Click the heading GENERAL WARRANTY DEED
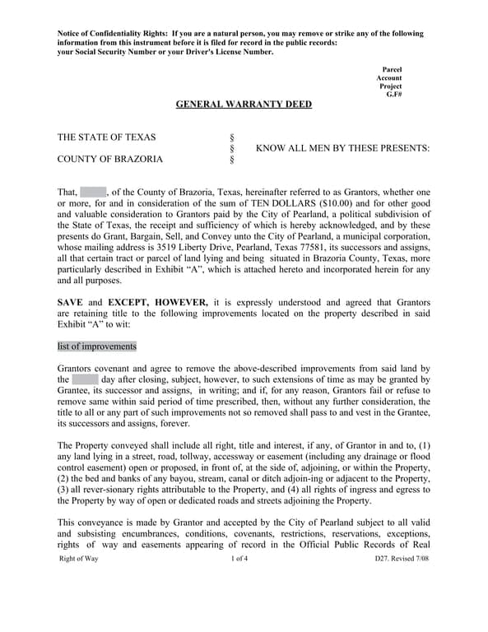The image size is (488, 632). pyautogui.click(x=244, y=105)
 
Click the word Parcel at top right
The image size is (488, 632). pyautogui.click(x=392, y=70)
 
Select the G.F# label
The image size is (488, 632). pyautogui.click(x=393, y=95)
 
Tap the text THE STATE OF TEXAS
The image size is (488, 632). pyautogui.click(x=106, y=137)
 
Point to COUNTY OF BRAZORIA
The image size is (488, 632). pyautogui.click(x=109, y=159)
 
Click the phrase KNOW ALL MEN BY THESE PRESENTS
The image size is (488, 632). pyautogui.click(x=342, y=148)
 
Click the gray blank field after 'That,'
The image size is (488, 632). pyautogui.click(x=93, y=193)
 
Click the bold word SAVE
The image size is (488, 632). pyautogui.click(x=72, y=302)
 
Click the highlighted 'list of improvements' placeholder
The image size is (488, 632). pyautogui.click(x=97, y=346)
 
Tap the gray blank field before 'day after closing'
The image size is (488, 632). pyautogui.click(x=85, y=379)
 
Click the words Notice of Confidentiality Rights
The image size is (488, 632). pyautogui.click(x=111, y=34)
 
